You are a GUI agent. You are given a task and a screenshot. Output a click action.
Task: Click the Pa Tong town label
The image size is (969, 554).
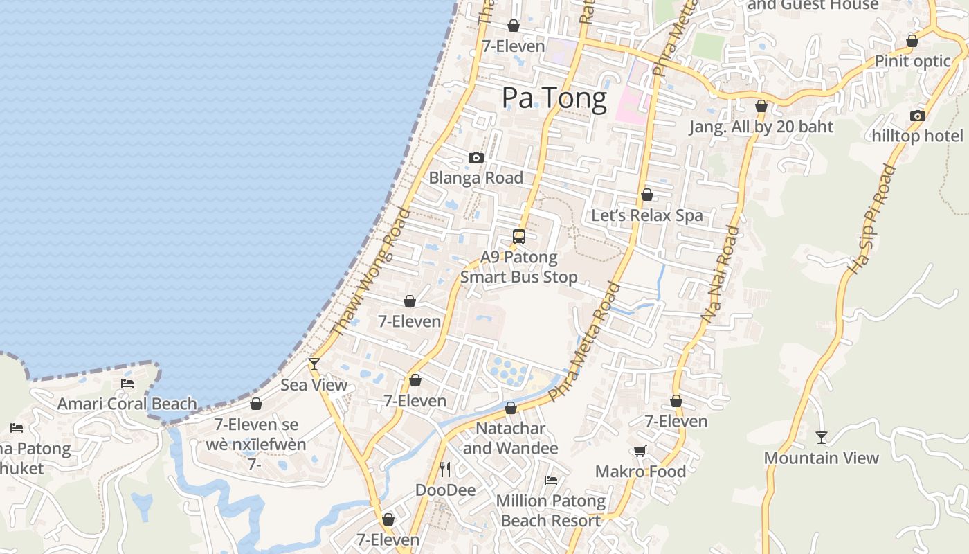pos(554,98)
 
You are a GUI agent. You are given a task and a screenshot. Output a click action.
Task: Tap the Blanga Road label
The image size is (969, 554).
pos(476,178)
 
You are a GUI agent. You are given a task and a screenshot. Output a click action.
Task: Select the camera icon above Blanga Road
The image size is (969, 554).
pos(476,158)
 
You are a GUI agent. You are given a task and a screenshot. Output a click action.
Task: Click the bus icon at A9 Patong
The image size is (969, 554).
pos(519,237)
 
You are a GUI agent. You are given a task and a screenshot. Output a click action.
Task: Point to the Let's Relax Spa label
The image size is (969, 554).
pos(646,215)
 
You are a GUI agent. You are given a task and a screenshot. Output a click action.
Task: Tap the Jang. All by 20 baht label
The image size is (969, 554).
pos(761,127)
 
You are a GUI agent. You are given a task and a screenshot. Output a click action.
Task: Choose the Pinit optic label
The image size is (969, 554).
pos(912,61)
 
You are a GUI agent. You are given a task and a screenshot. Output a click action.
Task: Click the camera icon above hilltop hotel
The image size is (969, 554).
pos(918,116)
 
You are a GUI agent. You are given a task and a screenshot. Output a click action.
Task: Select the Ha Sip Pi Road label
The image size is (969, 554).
pos(870,219)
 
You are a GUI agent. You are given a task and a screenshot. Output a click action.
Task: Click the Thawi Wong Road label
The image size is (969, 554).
pos(372,271)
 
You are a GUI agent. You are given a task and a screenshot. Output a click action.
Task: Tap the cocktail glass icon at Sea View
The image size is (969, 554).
pos(314,364)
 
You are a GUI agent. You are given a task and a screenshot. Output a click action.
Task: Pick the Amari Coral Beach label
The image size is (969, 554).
pos(127,404)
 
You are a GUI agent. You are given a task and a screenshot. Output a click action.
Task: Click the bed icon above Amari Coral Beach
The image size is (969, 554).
pos(127,383)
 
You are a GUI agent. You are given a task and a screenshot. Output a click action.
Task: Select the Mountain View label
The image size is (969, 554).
pos(821,458)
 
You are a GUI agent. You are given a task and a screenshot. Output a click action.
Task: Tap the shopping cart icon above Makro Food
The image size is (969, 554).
pos(640,452)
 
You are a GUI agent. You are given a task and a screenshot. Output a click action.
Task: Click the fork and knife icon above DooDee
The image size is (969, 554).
pos(445,470)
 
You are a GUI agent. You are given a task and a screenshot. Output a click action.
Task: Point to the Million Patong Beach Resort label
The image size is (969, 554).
pos(551,510)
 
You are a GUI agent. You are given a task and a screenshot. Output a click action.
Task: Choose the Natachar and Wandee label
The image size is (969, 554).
pos(510,438)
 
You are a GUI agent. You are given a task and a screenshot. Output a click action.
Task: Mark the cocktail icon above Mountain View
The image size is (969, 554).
pos(821,438)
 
